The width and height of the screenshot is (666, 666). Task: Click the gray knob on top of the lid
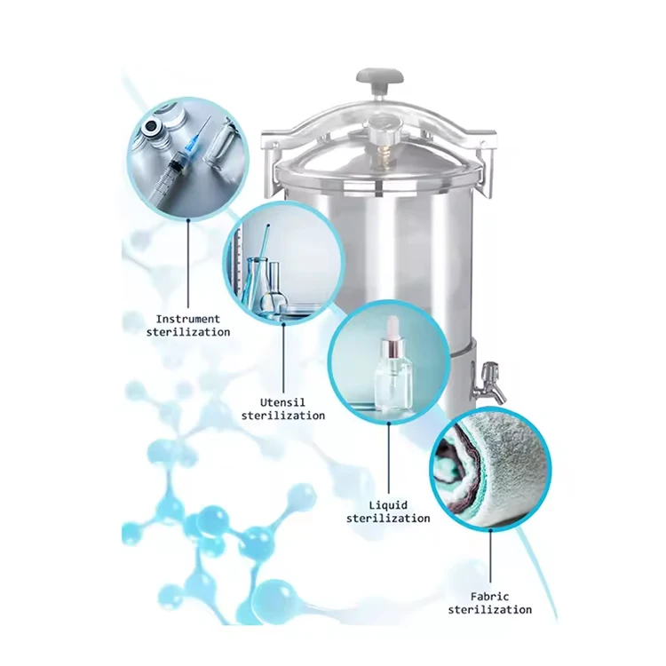point(380,80)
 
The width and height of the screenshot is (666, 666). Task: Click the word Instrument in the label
point(187,318)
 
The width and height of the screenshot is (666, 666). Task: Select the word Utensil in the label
point(282,401)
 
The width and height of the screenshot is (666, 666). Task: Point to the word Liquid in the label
point(387,504)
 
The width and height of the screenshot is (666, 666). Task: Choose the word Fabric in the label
point(489,596)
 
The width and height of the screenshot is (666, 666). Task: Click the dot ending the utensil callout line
point(283,322)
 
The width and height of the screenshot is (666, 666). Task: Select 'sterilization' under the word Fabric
point(489,609)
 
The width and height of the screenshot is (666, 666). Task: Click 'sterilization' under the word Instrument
point(187,331)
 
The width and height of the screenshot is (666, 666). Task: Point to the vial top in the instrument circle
point(157,126)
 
